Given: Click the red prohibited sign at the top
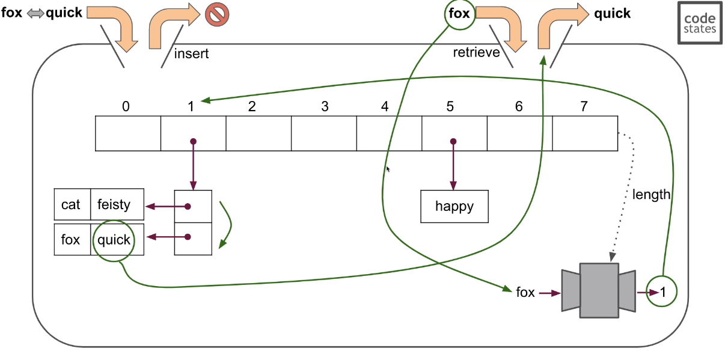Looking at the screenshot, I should coord(217,14).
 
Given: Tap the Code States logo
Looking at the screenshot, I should coord(700,22).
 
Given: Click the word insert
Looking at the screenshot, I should coord(191,53).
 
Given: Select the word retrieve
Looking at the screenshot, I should coord(476,52).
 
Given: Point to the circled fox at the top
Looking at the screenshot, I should coord(459,13).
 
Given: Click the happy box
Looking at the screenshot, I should coord(454,207).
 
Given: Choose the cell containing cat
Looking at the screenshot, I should coord(72,204).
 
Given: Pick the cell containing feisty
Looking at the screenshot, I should coord(117,204).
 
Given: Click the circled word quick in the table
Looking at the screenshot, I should coord(114,240).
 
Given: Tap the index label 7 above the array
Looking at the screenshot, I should coord(584,107).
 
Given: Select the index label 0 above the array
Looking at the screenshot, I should coord(126,107).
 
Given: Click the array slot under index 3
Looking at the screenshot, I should coord(323,133).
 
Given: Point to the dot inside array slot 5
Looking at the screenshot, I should coord(453,142).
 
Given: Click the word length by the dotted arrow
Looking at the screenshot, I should coord(650,194).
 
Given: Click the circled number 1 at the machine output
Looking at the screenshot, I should coord(662,292).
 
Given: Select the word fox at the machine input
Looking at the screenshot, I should coord(525,293).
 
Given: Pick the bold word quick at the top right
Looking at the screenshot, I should coord(612,13).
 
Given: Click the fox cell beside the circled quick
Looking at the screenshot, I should coord(72,240).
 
